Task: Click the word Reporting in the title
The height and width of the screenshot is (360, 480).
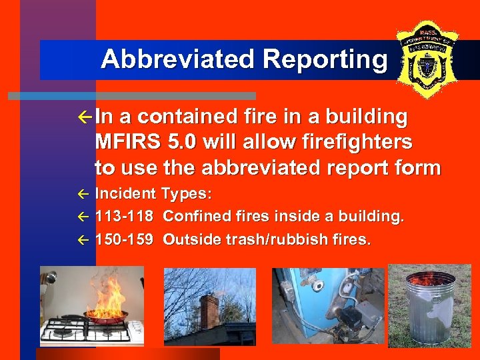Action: coord(325,60)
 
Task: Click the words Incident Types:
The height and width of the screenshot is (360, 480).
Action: coord(154,194)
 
